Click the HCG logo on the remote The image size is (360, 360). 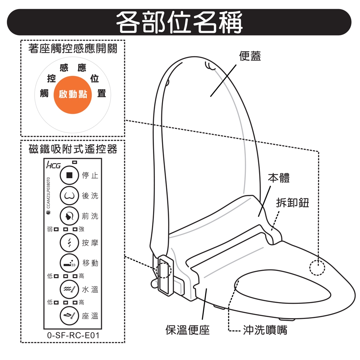[53, 166]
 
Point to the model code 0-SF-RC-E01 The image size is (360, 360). [73, 336]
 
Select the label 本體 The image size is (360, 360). [279, 178]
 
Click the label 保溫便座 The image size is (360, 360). [187, 330]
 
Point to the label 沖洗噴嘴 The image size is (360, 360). [265, 330]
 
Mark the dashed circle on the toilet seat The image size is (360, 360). [317, 267]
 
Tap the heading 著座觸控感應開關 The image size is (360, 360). [73, 49]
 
